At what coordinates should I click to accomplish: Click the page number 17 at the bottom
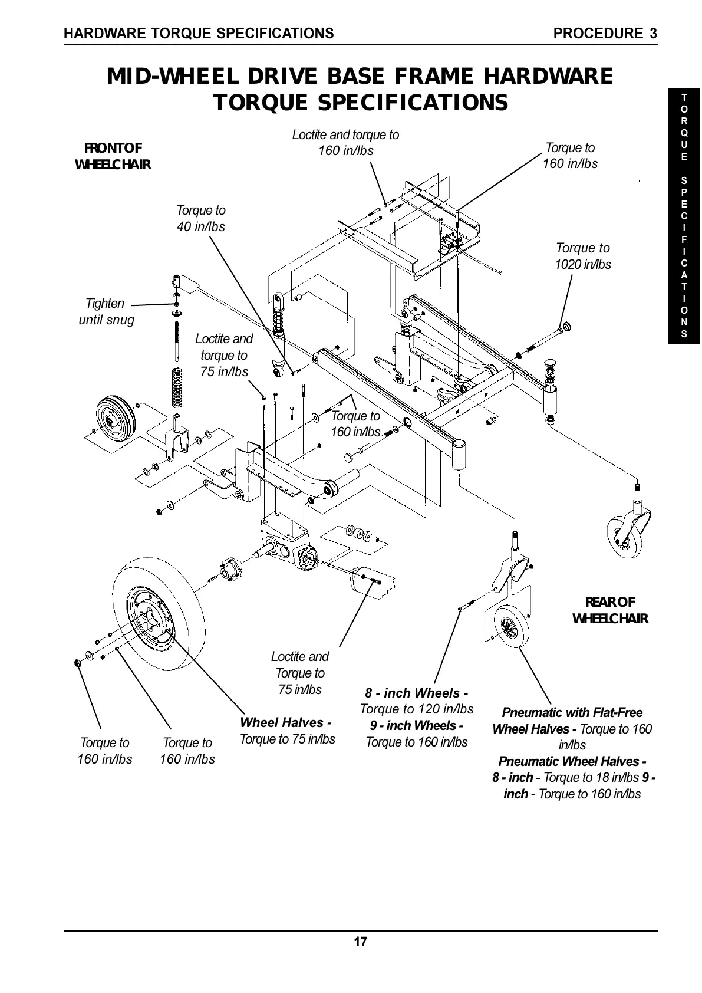pos(360,942)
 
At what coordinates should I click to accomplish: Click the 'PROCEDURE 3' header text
pos(605,34)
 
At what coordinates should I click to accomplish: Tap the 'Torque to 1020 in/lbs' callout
pos(582,256)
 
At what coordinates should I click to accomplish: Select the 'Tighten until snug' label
pos(106,311)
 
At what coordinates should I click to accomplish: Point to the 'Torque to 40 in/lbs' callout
pos(200,218)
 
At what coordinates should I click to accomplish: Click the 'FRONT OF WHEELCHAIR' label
pos(113,156)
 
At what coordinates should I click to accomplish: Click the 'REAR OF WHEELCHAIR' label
pos(610,610)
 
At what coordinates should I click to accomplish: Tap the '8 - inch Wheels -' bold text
pos(416,692)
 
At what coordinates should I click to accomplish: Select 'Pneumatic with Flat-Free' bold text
pos(572,712)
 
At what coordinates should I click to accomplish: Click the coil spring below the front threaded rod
pos(176,387)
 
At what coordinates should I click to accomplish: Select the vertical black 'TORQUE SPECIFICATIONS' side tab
pos(684,215)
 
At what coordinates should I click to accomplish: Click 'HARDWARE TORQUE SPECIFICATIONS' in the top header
pos(199,34)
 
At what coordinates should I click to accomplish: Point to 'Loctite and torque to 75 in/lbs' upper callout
pos(224,355)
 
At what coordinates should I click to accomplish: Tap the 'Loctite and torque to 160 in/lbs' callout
pos(345,142)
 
